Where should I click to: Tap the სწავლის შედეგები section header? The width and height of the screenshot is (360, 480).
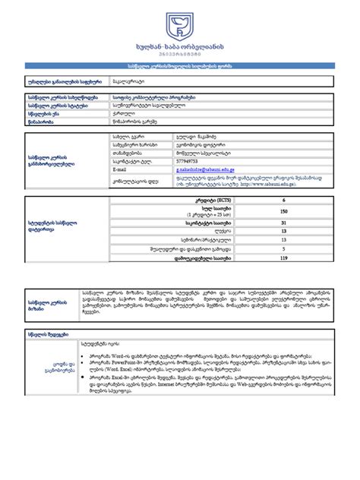(47, 345)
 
